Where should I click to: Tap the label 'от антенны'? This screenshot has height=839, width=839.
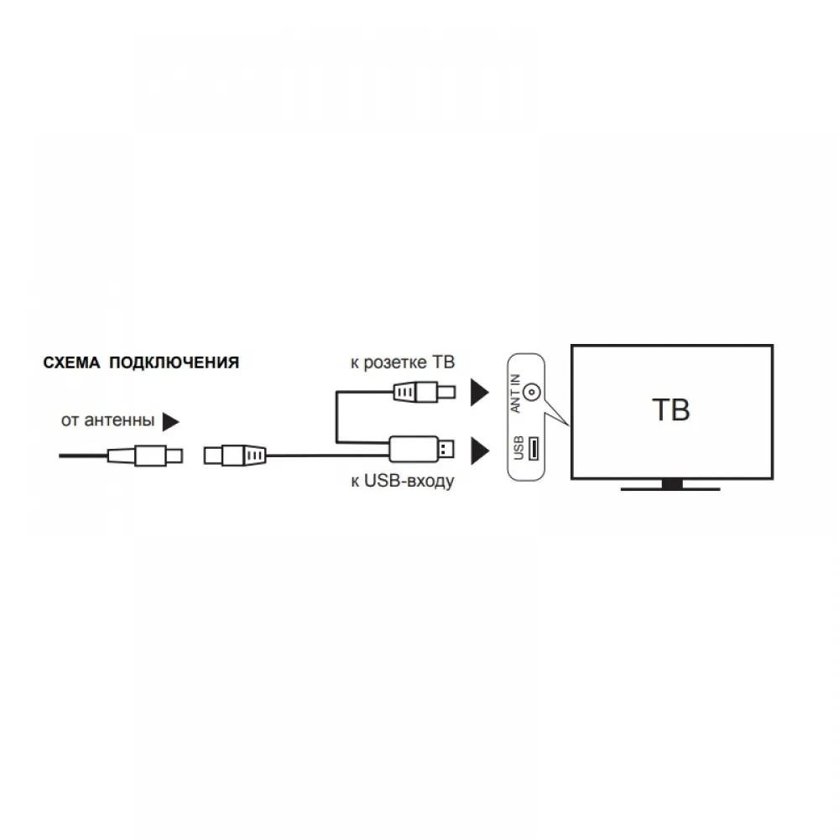107,419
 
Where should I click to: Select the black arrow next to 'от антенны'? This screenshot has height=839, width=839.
171,419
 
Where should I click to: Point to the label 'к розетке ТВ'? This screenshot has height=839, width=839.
402,362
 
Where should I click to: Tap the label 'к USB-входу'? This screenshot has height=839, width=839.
402,482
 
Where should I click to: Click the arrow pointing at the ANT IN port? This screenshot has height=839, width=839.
479,392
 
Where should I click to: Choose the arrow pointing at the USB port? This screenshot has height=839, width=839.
479,451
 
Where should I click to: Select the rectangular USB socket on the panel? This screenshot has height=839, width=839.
533,449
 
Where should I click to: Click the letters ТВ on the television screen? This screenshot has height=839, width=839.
670,410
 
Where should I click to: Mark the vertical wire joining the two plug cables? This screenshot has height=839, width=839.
336,417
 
